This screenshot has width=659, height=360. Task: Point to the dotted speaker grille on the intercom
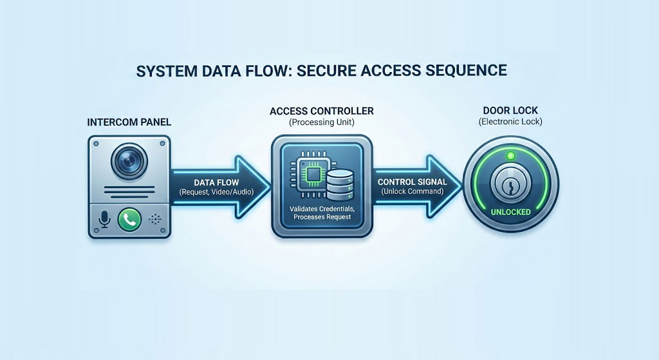[154, 220]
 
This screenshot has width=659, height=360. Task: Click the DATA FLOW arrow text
[216, 182]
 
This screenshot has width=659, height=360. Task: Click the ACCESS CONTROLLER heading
[321, 111]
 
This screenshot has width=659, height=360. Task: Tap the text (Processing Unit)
[321, 122]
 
